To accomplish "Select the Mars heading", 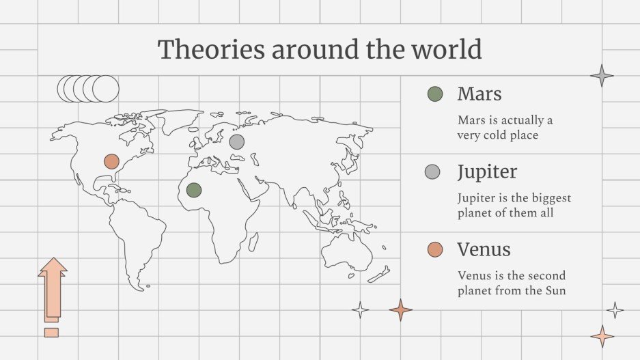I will pyautogui.click(x=479, y=94).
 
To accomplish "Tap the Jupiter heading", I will pyautogui.click(x=487, y=171).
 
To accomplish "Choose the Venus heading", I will pyautogui.click(x=484, y=249).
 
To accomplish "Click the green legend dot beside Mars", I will pyautogui.click(x=434, y=94).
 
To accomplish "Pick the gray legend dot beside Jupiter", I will pyautogui.click(x=432, y=171).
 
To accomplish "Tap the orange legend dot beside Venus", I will pyautogui.click(x=434, y=249).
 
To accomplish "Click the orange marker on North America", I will pyautogui.click(x=111, y=162).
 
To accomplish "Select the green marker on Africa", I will pyautogui.click(x=194, y=189).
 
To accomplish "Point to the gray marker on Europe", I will pyautogui.click(x=236, y=141).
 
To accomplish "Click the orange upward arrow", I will pyautogui.click(x=53, y=287).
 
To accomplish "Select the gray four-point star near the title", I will pyautogui.click(x=602, y=75).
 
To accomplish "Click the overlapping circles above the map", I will pyautogui.click(x=88, y=88).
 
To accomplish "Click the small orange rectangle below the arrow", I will pyautogui.click(x=51, y=332).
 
